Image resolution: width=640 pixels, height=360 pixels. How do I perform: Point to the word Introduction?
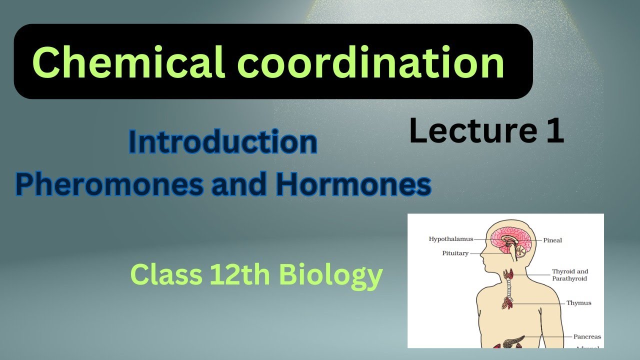click(x=223, y=142)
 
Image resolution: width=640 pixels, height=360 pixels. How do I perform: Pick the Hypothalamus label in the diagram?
click(x=450, y=239)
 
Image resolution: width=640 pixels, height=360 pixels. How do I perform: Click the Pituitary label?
click(x=455, y=253)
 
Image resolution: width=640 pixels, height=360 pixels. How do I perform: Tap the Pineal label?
click(x=552, y=240)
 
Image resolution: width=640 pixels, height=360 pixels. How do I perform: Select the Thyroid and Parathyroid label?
click(x=569, y=275)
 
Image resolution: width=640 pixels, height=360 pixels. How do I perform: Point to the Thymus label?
click(x=578, y=303)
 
